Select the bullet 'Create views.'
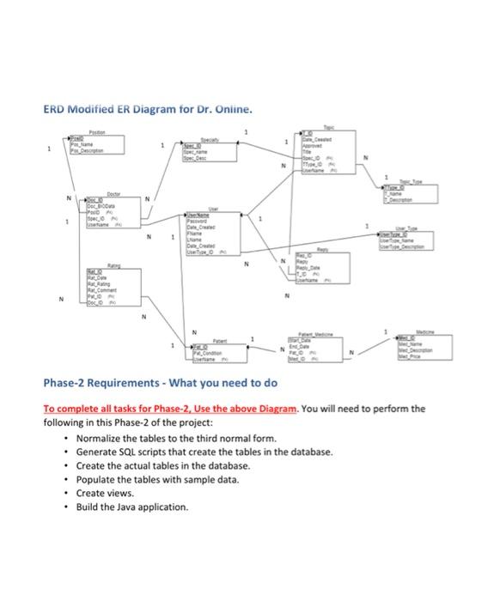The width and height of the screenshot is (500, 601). pyautogui.click(x=105, y=494)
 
